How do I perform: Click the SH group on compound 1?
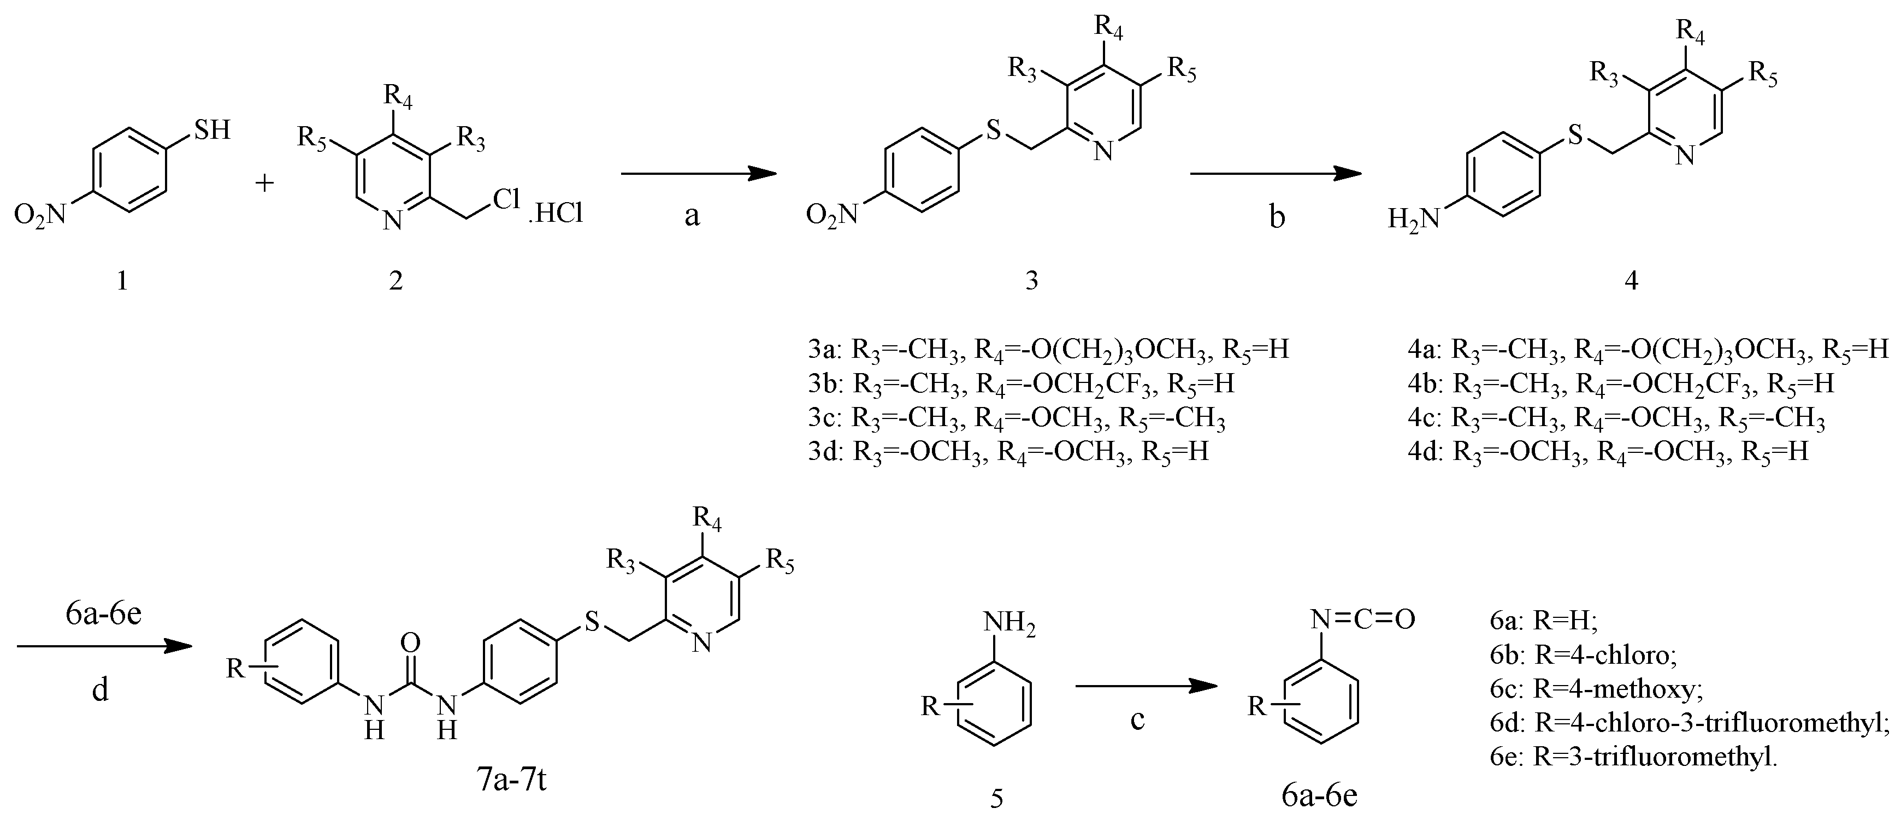click(212, 130)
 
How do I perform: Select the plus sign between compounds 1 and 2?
click(264, 181)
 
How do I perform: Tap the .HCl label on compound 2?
click(555, 214)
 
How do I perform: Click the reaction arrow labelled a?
click(698, 174)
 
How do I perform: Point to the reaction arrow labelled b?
click(1275, 174)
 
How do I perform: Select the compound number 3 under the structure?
click(1032, 280)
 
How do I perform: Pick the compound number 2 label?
click(396, 280)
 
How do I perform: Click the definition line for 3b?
click(1022, 384)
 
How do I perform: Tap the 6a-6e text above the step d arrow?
click(103, 614)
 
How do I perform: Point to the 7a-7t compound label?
click(511, 780)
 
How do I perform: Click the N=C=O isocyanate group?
click(1362, 618)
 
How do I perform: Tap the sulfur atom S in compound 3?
click(994, 132)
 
